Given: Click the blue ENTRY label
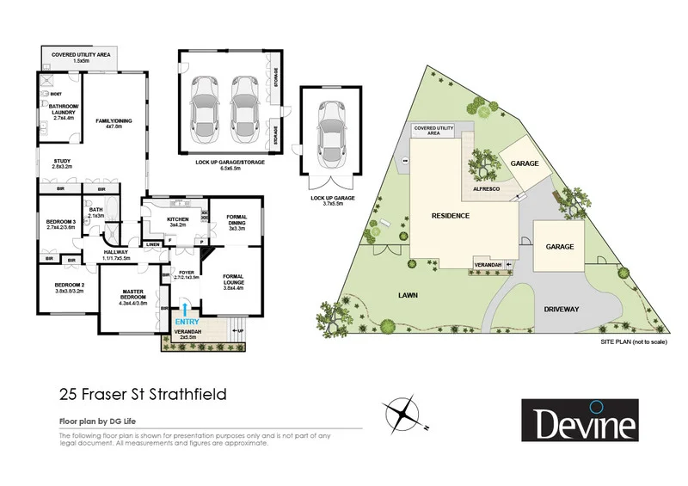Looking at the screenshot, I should (x=187, y=322).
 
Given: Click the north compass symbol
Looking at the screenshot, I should (x=403, y=414).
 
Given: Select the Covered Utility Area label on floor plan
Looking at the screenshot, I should (x=82, y=58).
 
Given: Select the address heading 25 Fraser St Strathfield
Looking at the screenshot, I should (x=144, y=396).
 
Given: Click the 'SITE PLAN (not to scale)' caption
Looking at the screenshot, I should (x=632, y=341).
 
